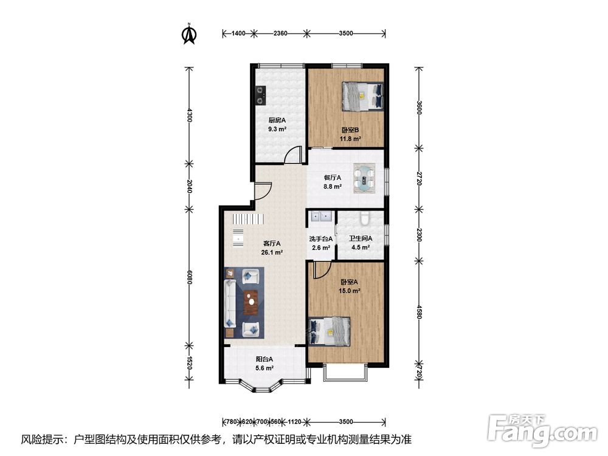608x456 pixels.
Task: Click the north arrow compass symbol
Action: point(189,33)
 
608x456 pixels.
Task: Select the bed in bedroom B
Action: point(362,96)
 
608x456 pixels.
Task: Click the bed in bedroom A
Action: point(329,331)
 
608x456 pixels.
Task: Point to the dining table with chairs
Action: point(364,179)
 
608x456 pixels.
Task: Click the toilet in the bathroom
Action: point(365,218)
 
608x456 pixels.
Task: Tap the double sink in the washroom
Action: point(320,216)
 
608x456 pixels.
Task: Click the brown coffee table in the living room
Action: point(252,302)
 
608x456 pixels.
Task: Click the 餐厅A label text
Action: point(333,178)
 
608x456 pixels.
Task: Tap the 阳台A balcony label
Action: point(264,359)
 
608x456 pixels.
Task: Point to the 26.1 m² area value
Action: point(271,252)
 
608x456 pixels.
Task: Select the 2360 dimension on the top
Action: point(280,33)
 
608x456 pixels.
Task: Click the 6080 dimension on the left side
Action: point(189,278)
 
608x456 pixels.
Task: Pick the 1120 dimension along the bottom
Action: point(295,421)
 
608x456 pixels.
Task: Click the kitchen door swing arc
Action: point(294,154)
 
